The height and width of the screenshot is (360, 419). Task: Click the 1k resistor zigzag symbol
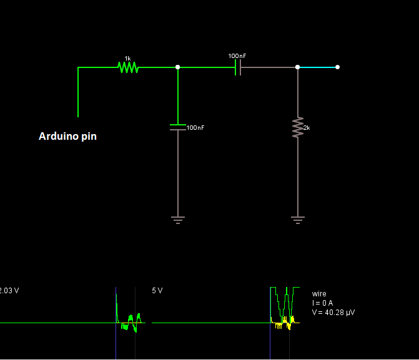pyautogui.click(x=127, y=67)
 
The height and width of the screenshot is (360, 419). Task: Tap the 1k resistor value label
pyautogui.click(x=127, y=58)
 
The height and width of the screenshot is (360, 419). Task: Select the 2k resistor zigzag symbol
pyautogui.click(x=298, y=127)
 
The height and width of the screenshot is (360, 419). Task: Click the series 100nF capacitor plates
pyautogui.click(x=238, y=67)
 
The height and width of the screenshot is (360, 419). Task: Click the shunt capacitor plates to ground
pyautogui.click(x=178, y=127)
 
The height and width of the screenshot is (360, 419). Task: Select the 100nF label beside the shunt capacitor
pyautogui.click(x=195, y=127)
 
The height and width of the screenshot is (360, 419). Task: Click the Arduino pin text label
pyautogui.click(x=67, y=136)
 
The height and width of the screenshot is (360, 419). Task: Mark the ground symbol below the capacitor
pyautogui.click(x=178, y=219)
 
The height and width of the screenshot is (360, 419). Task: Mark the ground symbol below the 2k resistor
pyautogui.click(x=298, y=219)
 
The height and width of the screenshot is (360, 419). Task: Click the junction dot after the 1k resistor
pyautogui.click(x=178, y=67)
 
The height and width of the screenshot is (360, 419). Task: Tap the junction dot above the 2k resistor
pyautogui.click(x=298, y=67)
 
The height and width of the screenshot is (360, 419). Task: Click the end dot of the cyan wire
pyautogui.click(x=337, y=67)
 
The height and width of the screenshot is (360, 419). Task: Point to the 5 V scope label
pyautogui.click(x=157, y=291)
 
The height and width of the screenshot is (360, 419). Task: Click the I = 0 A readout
pyautogui.click(x=322, y=303)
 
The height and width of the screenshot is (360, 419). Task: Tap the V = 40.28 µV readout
pyautogui.click(x=333, y=312)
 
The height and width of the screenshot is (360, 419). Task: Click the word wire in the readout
pyautogui.click(x=319, y=294)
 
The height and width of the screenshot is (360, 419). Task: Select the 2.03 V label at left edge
pyautogui.click(x=9, y=291)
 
